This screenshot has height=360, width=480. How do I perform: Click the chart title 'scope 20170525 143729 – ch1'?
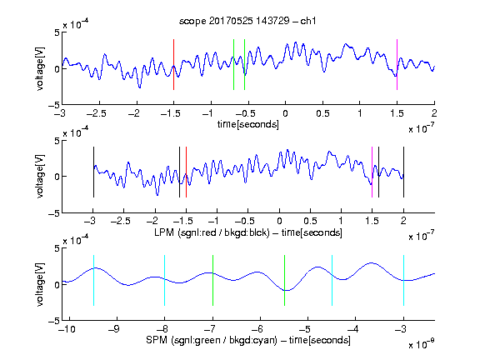(x=247, y=21)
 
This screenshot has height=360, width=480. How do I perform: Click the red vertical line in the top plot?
(x=173, y=65)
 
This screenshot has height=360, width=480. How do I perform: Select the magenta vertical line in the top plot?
(x=397, y=65)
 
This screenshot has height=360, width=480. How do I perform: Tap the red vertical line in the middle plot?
(x=186, y=172)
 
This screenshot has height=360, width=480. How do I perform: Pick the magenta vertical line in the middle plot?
(x=372, y=172)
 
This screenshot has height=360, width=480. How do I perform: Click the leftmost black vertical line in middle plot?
(x=93, y=172)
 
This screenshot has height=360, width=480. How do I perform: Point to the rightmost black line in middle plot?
(x=403, y=172)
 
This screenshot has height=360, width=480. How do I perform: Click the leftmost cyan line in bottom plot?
(x=93, y=280)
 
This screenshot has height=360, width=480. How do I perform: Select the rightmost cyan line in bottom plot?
(x=403, y=280)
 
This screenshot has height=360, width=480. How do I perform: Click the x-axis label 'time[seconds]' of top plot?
(x=248, y=124)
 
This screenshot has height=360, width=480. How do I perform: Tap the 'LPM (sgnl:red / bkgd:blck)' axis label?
(x=212, y=232)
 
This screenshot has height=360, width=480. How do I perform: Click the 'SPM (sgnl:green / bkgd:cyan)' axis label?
(x=212, y=340)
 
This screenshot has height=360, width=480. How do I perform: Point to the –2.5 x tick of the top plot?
(x=96, y=113)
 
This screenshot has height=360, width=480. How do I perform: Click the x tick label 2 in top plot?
(x=434, y=113)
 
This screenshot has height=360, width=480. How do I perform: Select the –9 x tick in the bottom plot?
(x=114, y=329)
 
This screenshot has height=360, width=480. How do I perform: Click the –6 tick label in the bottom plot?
(x=260, y=329)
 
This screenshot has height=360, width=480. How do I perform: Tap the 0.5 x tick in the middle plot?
(x=310, y=221)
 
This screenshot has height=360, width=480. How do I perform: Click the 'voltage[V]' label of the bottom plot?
(x=40, y=284)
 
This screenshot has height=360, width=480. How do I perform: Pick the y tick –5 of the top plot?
(x=54, y=105)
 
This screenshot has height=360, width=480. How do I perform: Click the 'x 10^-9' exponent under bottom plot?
(x=421, y=344)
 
